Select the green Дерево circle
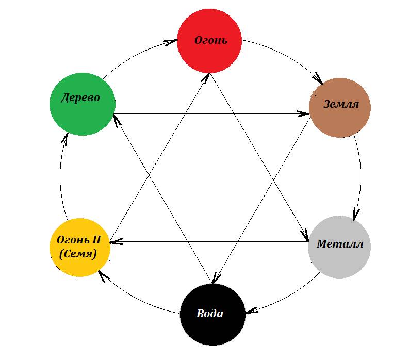click(82, 104)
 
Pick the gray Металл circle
click(339, 246)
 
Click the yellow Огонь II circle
click(79, 247)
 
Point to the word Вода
click(210, 314)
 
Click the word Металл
click(340, 244)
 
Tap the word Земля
click(340, 104)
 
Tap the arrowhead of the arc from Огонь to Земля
click(318, 80)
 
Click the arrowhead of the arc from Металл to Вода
click(249, 311)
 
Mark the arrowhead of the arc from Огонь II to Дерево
click(65, 137)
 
